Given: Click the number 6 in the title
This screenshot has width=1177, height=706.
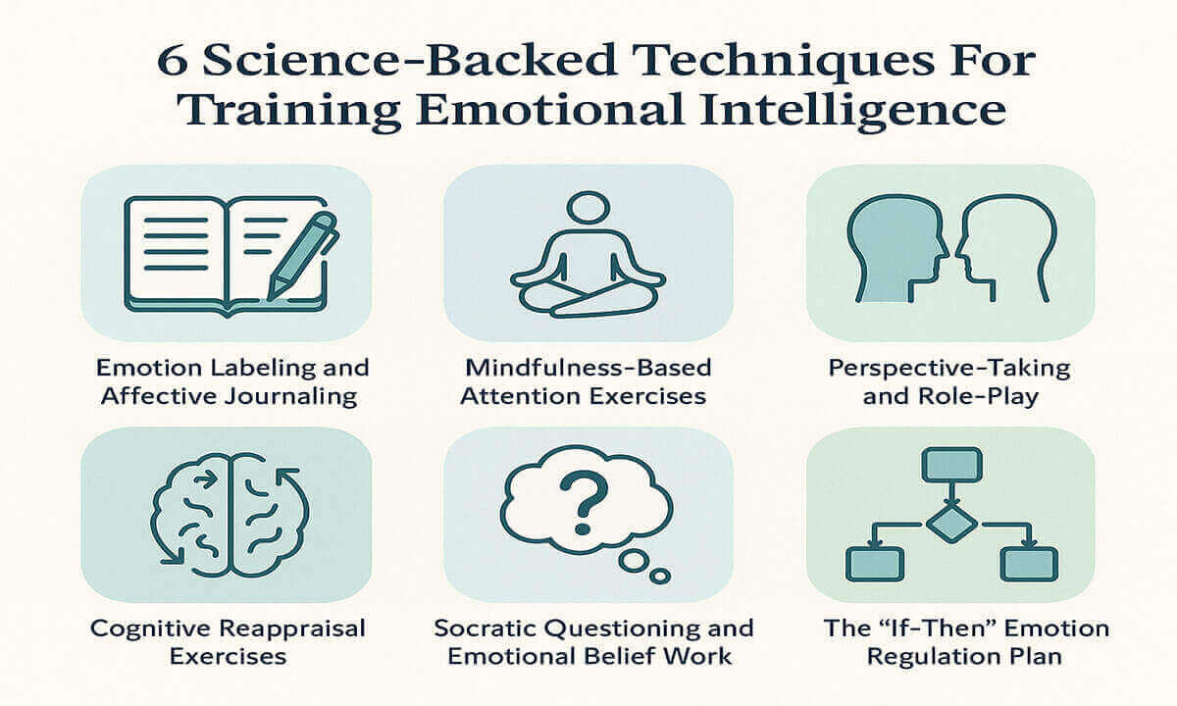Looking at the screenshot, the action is (173, 62).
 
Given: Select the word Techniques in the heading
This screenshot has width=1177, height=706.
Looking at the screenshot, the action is (777, 62).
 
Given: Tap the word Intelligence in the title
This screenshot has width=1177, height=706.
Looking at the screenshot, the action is (852, 110).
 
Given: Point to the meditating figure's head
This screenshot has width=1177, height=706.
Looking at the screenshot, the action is (588, 207).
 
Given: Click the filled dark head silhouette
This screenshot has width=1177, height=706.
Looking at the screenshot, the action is (896, 247).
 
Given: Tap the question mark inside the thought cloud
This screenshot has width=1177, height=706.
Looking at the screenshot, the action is (584, 502).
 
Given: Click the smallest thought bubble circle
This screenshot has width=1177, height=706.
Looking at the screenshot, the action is (660, 577).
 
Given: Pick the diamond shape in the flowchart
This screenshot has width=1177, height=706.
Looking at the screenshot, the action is (951, 524).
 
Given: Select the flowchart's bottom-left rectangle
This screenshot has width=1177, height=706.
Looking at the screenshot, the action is (875, 564).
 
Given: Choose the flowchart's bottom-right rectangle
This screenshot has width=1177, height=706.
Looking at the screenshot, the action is (1029, 564).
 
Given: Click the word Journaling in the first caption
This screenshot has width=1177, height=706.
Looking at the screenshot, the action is (290, 396).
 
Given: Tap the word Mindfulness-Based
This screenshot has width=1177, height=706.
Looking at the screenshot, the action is (588, 368).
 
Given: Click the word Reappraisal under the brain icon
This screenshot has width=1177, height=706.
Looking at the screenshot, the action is (292, 629).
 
